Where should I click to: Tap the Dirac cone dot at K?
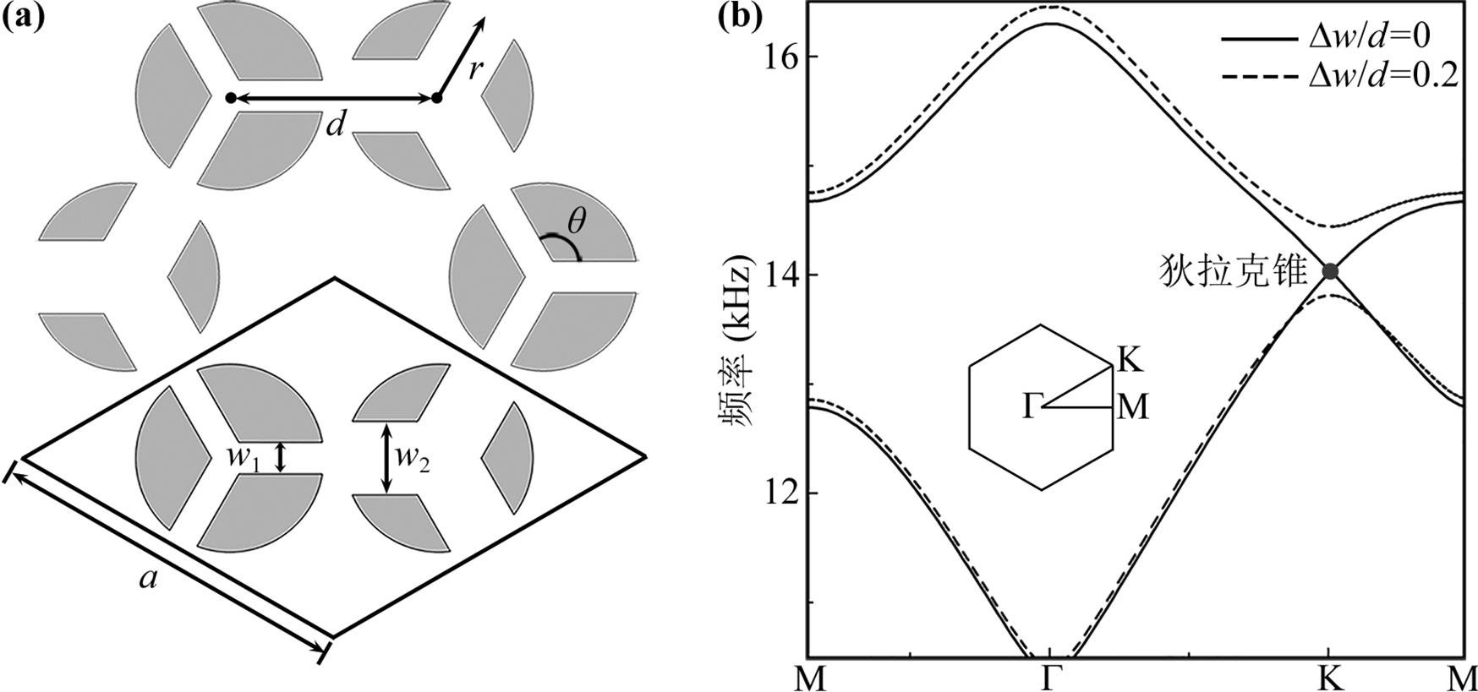point(1330,271)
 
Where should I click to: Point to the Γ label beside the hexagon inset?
point(1029,407)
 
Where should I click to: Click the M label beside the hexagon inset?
point(1132,408)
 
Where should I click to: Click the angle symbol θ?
point(576,222)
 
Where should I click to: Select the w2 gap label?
point(413,459)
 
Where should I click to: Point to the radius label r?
point(476,68)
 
